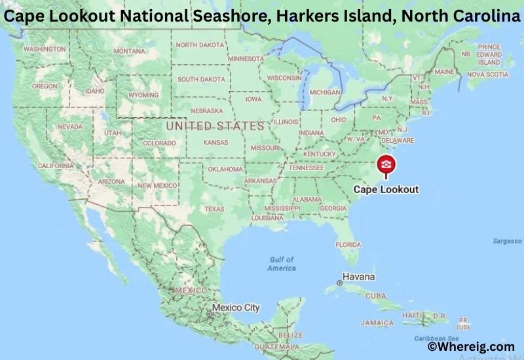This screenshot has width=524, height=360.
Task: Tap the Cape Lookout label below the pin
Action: point(385,190)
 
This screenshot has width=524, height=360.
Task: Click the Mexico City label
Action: point(236,308)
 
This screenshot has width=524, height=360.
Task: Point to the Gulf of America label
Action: point(282,264)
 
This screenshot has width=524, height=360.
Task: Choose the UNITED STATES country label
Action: point(215,125)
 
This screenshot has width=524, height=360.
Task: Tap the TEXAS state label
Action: point(214,209)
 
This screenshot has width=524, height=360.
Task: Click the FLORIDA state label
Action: point(348,245)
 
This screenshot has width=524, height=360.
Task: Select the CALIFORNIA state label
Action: point(56,166)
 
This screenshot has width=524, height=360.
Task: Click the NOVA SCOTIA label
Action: point(487,75)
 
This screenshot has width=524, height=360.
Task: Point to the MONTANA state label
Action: point(129,51)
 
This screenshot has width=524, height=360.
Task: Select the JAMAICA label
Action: point(377,323)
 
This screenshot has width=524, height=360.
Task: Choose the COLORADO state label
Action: point(159,143)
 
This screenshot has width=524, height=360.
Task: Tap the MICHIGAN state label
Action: point(325,92)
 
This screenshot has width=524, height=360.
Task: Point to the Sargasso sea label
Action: point(507,242)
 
